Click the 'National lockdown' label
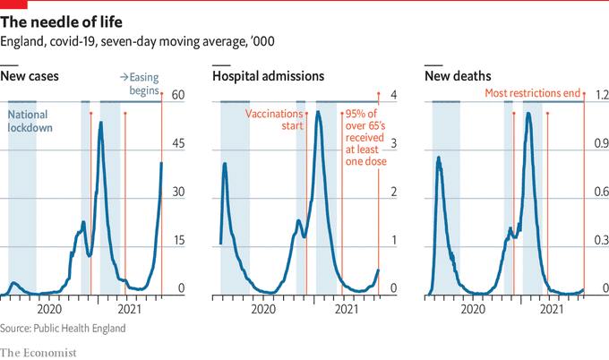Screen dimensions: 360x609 tap(30, 121)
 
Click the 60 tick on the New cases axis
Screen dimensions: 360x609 tap(177, 95)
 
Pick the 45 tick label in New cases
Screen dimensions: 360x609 tap(177, 143)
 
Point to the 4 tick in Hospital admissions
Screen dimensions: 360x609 tap(392, 95)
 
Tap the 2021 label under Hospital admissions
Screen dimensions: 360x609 tap(346, 309)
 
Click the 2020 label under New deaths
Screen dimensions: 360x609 tap(472, 309)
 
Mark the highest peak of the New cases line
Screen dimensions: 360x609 tap(100, 122)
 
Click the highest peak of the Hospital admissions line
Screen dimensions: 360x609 tap(319, 112)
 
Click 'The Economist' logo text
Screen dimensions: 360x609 tap(39, 351)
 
